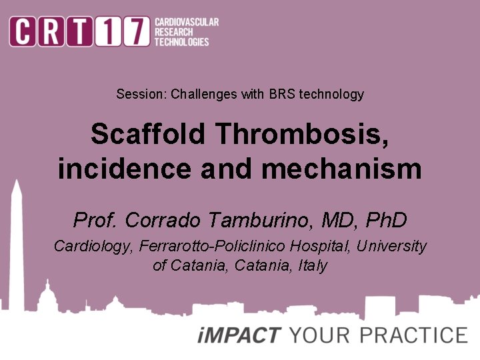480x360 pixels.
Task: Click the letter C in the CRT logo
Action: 23,32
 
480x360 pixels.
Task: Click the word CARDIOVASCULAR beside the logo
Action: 186,23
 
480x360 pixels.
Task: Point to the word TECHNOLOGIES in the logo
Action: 181,41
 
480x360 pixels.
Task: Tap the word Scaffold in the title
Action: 149,135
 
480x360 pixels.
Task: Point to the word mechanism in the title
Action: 341,169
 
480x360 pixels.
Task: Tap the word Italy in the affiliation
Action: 313,265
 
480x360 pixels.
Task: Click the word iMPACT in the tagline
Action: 239,335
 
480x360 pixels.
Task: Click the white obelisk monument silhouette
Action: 16,240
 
